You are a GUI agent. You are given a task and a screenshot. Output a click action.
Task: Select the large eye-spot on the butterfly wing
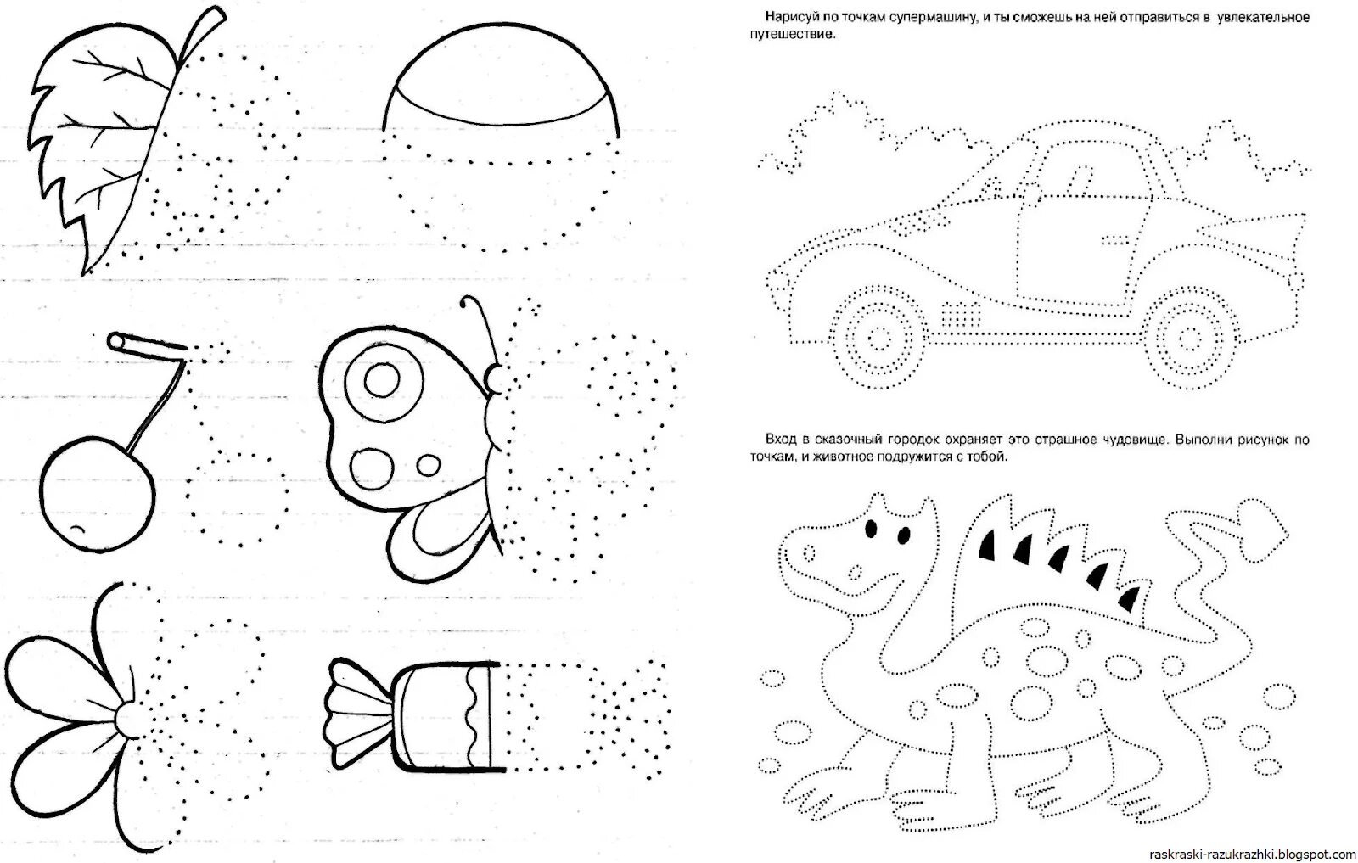382,381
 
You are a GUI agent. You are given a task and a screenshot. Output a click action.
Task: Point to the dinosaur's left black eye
869,527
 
